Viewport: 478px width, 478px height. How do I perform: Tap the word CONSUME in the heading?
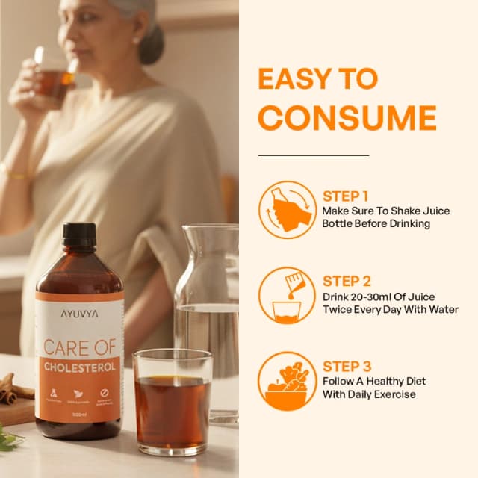[x=347, y=119]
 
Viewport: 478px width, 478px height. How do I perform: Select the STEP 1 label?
[x=347, y=196]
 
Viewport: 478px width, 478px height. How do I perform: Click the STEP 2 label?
[x=347, y=282]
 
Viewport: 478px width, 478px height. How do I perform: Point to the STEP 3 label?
[x=347, y=366]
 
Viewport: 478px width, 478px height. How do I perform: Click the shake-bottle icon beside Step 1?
[x=287, y=209]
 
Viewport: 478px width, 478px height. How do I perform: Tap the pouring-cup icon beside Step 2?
[x=287, y=295]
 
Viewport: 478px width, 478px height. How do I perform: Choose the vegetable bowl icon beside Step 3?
[x=287, y=380]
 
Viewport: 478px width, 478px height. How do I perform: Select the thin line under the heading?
[x=313, y=155]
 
